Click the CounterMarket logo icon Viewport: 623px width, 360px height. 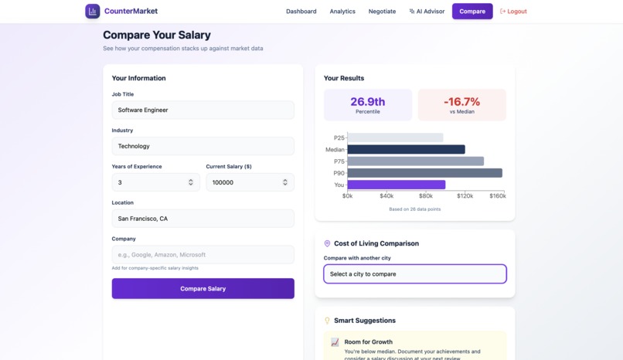point(93,12)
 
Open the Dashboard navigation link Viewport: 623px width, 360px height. point(301,12)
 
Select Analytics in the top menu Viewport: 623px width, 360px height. point(342,12)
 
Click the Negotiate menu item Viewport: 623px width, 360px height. point(382,12)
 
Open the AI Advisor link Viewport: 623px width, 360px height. point(427,12)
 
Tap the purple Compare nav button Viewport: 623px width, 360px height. point(472,12)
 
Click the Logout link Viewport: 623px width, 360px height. point(513,12)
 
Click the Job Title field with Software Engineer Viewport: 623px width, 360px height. point(203,110)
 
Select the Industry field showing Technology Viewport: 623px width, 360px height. point(203,146)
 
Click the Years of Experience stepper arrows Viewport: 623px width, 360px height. point(191,182)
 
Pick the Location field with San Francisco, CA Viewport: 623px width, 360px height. point(203,219)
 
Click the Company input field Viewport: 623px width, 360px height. point(203,255)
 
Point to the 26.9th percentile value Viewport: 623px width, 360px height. point(368,102)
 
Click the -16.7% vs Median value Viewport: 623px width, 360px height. point(461,102)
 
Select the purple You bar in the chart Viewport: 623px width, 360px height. point(396,185)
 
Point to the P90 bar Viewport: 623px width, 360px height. point(424,173)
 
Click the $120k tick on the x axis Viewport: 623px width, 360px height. point(465,196)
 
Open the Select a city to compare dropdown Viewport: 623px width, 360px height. point(414,274)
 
